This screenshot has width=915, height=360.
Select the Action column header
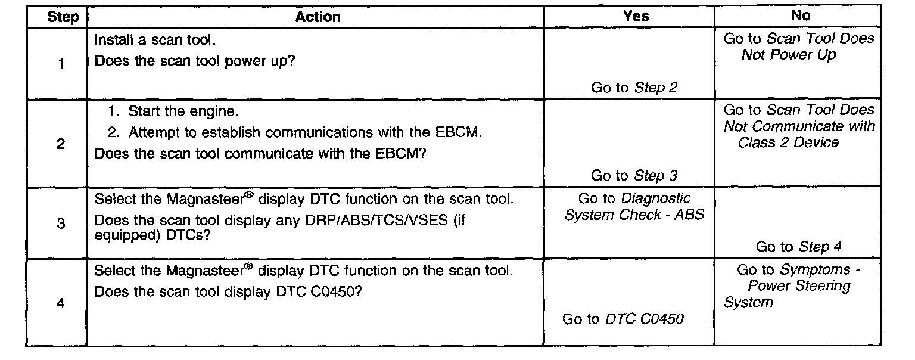click(318, 17)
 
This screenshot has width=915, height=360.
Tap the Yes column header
click(635, 17)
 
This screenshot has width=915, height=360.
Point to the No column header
click(800, 17)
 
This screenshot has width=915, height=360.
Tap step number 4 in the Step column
click(61, 303)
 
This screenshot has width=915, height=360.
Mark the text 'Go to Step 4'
click(798, 247)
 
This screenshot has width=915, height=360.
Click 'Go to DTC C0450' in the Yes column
click(623, 319)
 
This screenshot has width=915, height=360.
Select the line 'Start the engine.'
click(179, 112)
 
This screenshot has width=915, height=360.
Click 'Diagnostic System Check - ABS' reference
click(634, 207)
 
